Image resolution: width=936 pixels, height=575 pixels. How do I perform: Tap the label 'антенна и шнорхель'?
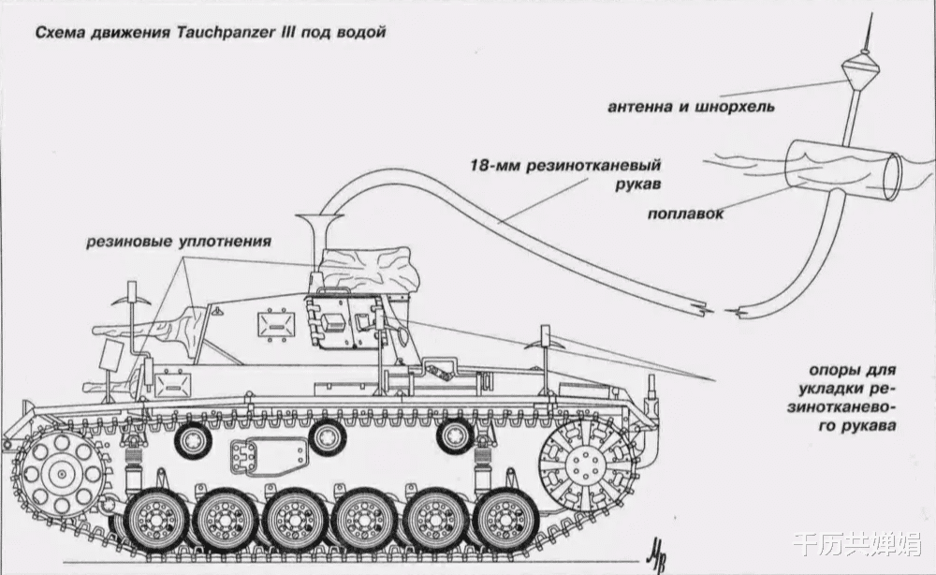pyautogui.click(x=692, y=108)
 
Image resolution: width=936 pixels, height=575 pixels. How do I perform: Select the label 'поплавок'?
pyautogui.click(x=685, y=214)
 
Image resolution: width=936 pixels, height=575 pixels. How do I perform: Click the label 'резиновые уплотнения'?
pyautogui.click(x=179, y=242)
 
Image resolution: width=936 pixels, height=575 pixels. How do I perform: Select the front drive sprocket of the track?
pyautogui.click(x=61, y=475)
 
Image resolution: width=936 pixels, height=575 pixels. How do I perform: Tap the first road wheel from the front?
pyautogui.click(x=154, y=519)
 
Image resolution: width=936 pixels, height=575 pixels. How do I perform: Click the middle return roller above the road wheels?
pyautogui.click(x=327, y=439)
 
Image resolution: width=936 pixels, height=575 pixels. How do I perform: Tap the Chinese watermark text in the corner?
pyautogui.click(x=858, y=544)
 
